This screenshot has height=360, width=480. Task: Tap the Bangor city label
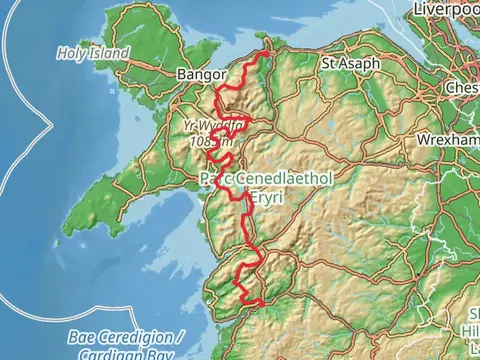point(196,75)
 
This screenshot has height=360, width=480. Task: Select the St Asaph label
point(348,62)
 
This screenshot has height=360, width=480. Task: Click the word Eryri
point(265,197)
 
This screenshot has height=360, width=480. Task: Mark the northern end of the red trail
point(267,51)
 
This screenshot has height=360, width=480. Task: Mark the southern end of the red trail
point(262,301)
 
